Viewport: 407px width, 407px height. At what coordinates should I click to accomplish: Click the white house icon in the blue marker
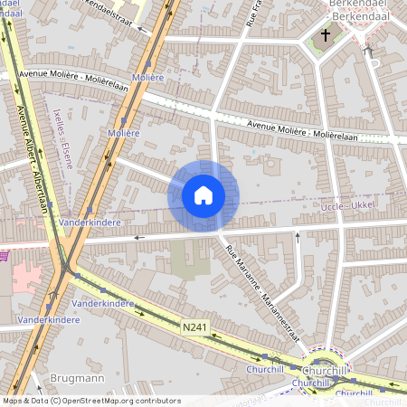point(203,195)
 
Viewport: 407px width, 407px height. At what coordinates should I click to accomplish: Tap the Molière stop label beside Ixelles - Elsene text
point(124,133)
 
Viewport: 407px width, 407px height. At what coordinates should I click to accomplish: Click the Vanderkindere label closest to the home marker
point(89,222)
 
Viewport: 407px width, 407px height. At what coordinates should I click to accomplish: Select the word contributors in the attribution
point(156,401)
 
